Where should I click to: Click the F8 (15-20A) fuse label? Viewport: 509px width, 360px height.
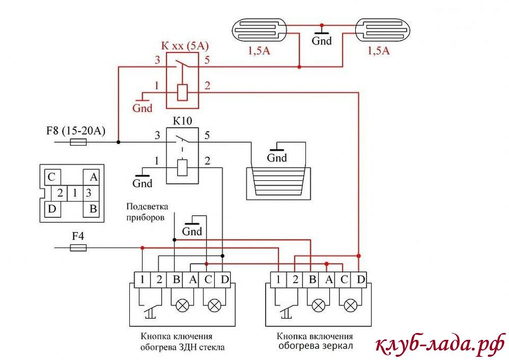tap(76, 130)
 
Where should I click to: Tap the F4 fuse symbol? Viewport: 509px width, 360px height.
tap(78, 248)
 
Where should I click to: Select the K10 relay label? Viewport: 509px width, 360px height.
tap(182, 121)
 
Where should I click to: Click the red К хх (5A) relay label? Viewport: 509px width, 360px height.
tap(182, 46)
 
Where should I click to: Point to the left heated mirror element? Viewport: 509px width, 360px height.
tap(259, 30)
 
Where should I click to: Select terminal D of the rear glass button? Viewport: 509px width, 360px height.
tap(225, 279)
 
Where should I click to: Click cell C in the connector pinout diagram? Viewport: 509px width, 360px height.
tap(51, 177)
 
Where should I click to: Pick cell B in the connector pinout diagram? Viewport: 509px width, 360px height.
tap(93, 209)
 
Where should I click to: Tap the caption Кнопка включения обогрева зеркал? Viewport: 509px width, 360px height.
tap(315, 341)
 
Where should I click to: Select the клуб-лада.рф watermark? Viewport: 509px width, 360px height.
tap(440, 345)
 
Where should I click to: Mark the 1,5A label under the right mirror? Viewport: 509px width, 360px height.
tap(378, 51)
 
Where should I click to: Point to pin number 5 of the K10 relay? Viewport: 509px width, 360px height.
tap(207, 135)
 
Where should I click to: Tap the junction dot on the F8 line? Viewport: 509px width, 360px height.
tap(118, 142)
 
